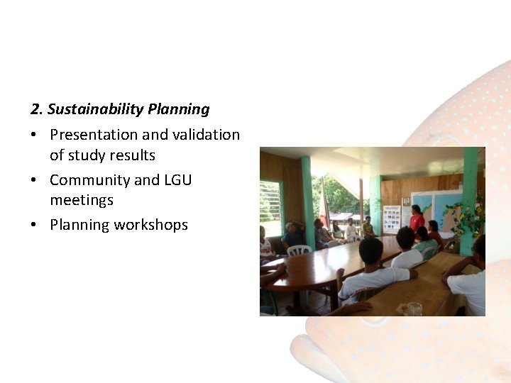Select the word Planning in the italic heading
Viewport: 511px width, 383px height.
point(179,109)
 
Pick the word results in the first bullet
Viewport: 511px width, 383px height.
point(133,155)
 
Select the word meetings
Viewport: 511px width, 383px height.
point(81,200)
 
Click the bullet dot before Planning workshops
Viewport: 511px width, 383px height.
point(34,226)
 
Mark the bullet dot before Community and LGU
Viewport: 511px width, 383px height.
point(34,180)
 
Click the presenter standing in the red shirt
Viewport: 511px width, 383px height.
point(417,218)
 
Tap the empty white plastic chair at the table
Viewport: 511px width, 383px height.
point(299,250)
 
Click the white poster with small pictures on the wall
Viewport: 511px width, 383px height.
point(391,218)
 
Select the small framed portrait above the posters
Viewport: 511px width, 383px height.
point(406,201)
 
